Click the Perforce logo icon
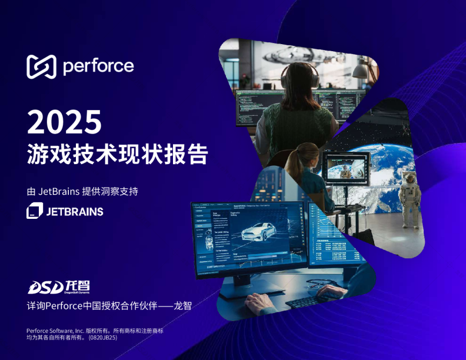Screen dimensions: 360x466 [x=41, y=66]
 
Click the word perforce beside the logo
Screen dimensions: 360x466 [x=98, y=66]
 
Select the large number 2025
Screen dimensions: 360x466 [x=65, y=122]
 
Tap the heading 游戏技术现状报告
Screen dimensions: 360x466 [x=118, y=154]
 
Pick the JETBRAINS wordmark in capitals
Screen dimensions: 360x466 [x=75, y=211]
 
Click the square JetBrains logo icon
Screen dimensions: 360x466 [x=35, y=211]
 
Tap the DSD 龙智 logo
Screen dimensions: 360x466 [x=59, y=286]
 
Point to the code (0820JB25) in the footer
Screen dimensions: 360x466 [x=104, y=338]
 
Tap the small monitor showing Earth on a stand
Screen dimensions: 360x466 [x=348, y=168]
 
